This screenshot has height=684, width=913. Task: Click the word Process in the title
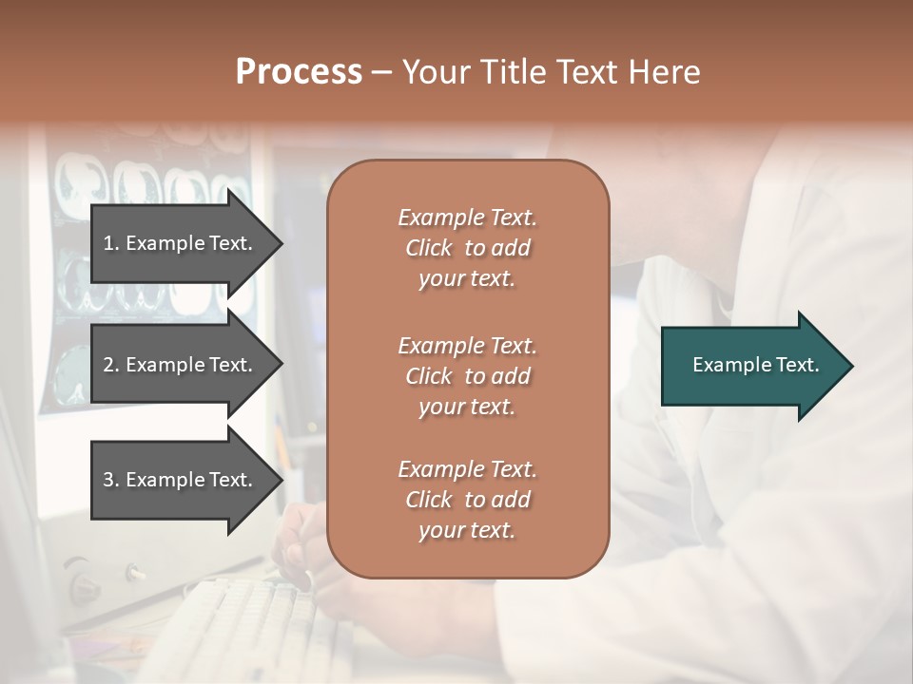(x=299, y=72)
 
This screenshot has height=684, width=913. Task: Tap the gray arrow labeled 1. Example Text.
(x=181, y=243)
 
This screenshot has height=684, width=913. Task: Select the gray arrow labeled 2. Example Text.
(x=181, y=365)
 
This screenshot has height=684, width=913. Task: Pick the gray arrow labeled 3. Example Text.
(x=181, y=480)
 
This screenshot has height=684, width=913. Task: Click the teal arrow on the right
(x=751, y=366)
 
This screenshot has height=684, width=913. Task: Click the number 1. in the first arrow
(x=111, y=243)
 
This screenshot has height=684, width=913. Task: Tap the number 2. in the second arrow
(x=111, y=365)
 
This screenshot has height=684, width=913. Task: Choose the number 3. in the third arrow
(x=111, y=480)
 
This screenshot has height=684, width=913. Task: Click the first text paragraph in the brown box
(x=467, y=248)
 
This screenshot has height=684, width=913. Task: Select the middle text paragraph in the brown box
(x=467, y=376)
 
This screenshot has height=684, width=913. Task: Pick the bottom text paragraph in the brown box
(x=467, y=500)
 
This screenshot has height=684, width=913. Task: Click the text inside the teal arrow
(x=756, y=365)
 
